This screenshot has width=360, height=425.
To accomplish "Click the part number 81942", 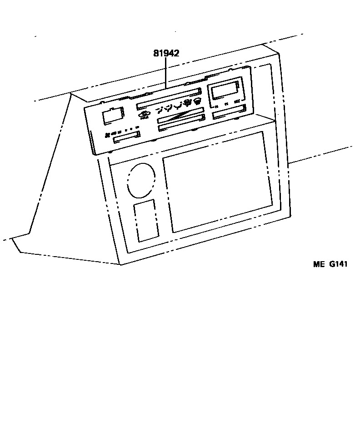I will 166,53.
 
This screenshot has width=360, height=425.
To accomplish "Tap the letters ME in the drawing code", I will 318,264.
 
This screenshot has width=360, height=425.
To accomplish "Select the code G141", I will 338,264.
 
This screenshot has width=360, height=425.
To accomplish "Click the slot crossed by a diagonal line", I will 180,117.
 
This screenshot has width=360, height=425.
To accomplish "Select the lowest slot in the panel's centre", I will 180,126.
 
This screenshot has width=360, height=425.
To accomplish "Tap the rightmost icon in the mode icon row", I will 198,101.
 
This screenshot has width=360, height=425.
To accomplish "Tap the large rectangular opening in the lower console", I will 217,182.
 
